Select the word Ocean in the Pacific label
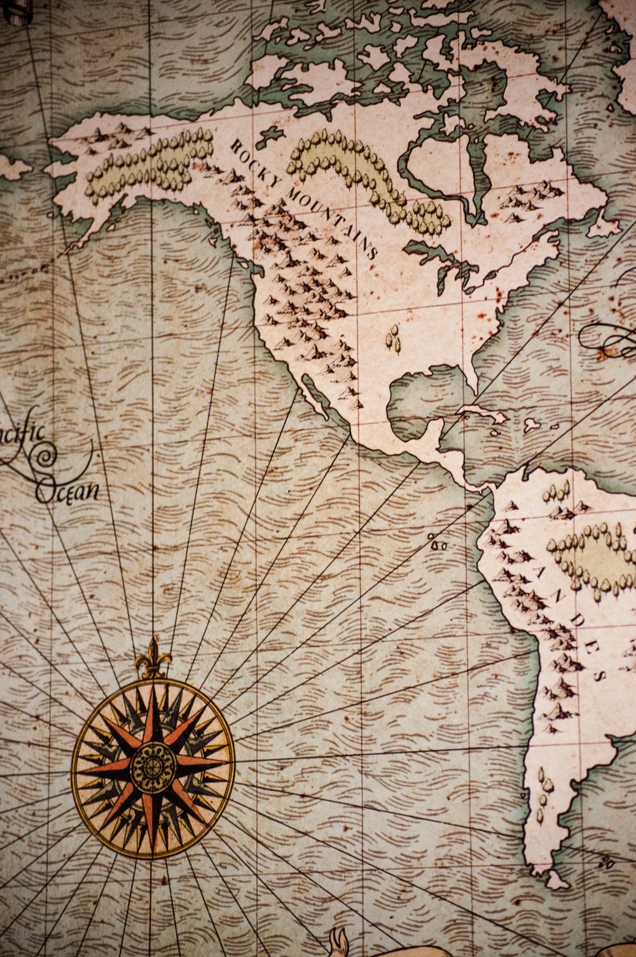(67, 491)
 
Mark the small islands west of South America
(438, 545)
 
